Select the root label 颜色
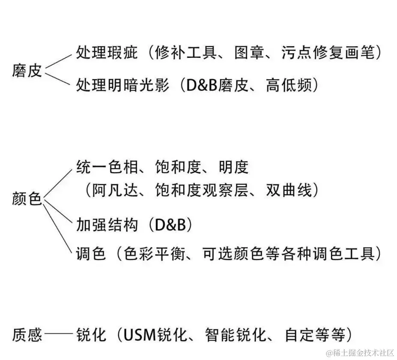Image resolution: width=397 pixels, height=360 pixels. coord(27,199)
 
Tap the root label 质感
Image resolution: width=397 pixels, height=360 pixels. coord(27,334)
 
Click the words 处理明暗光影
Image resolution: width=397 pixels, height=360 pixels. coord(122,86)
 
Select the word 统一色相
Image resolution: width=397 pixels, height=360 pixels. coord(107,167)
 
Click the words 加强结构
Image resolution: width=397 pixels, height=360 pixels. coord(107,224)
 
